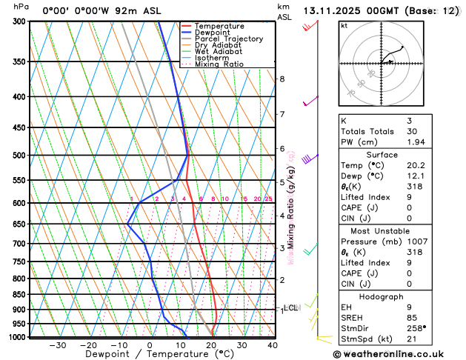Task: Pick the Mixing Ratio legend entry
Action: [x=221, y=64]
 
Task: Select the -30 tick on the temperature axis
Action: [x=57, y=345]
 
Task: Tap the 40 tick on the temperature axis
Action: [x=273, y=345]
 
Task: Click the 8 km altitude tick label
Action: [x=282, y=79]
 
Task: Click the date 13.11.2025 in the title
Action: [x=336, y=11]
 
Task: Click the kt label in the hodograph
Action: [x=344, y=25]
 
